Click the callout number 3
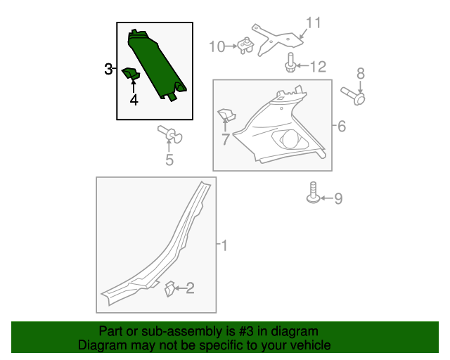(x=108, y=69)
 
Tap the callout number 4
(x=134, y=100)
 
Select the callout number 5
(x=169, y=160)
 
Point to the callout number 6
(x=342, y=126)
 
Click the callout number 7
(x=226, y=139)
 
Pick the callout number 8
(x=361, y=74)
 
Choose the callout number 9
(x=338, y=199)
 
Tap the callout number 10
(x=217, y=46)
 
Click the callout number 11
(x=313, y=22)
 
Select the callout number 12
(x=318, y=67)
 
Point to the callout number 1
(x=224, y=245)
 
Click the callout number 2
(x=191, y=288)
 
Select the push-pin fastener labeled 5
(x=170, y=134)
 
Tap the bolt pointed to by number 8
(x=353, y=96)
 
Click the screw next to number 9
(x=313, y=193)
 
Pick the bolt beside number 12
(x=290, y=63)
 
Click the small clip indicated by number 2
(x=169, y=289)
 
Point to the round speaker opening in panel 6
(x=290, y=139)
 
